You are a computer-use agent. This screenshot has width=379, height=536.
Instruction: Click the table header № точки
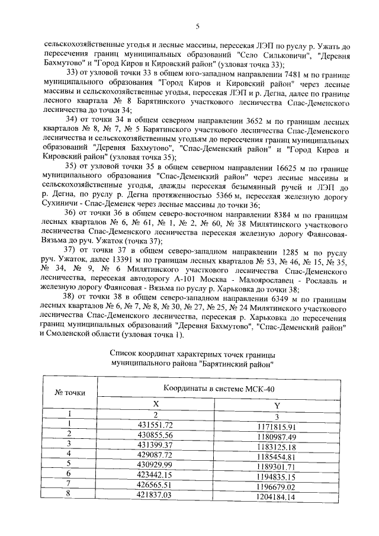[69, 392]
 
